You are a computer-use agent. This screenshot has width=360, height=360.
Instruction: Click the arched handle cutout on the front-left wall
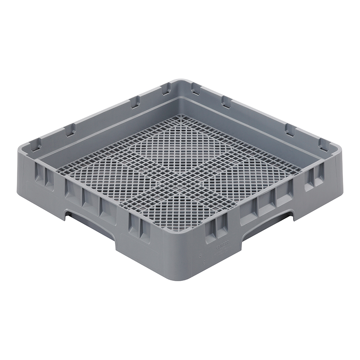click(92, 223)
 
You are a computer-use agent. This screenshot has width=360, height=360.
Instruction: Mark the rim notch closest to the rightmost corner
click(324, 144)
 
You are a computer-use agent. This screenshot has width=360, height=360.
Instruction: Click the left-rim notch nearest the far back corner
click(166, 89)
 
